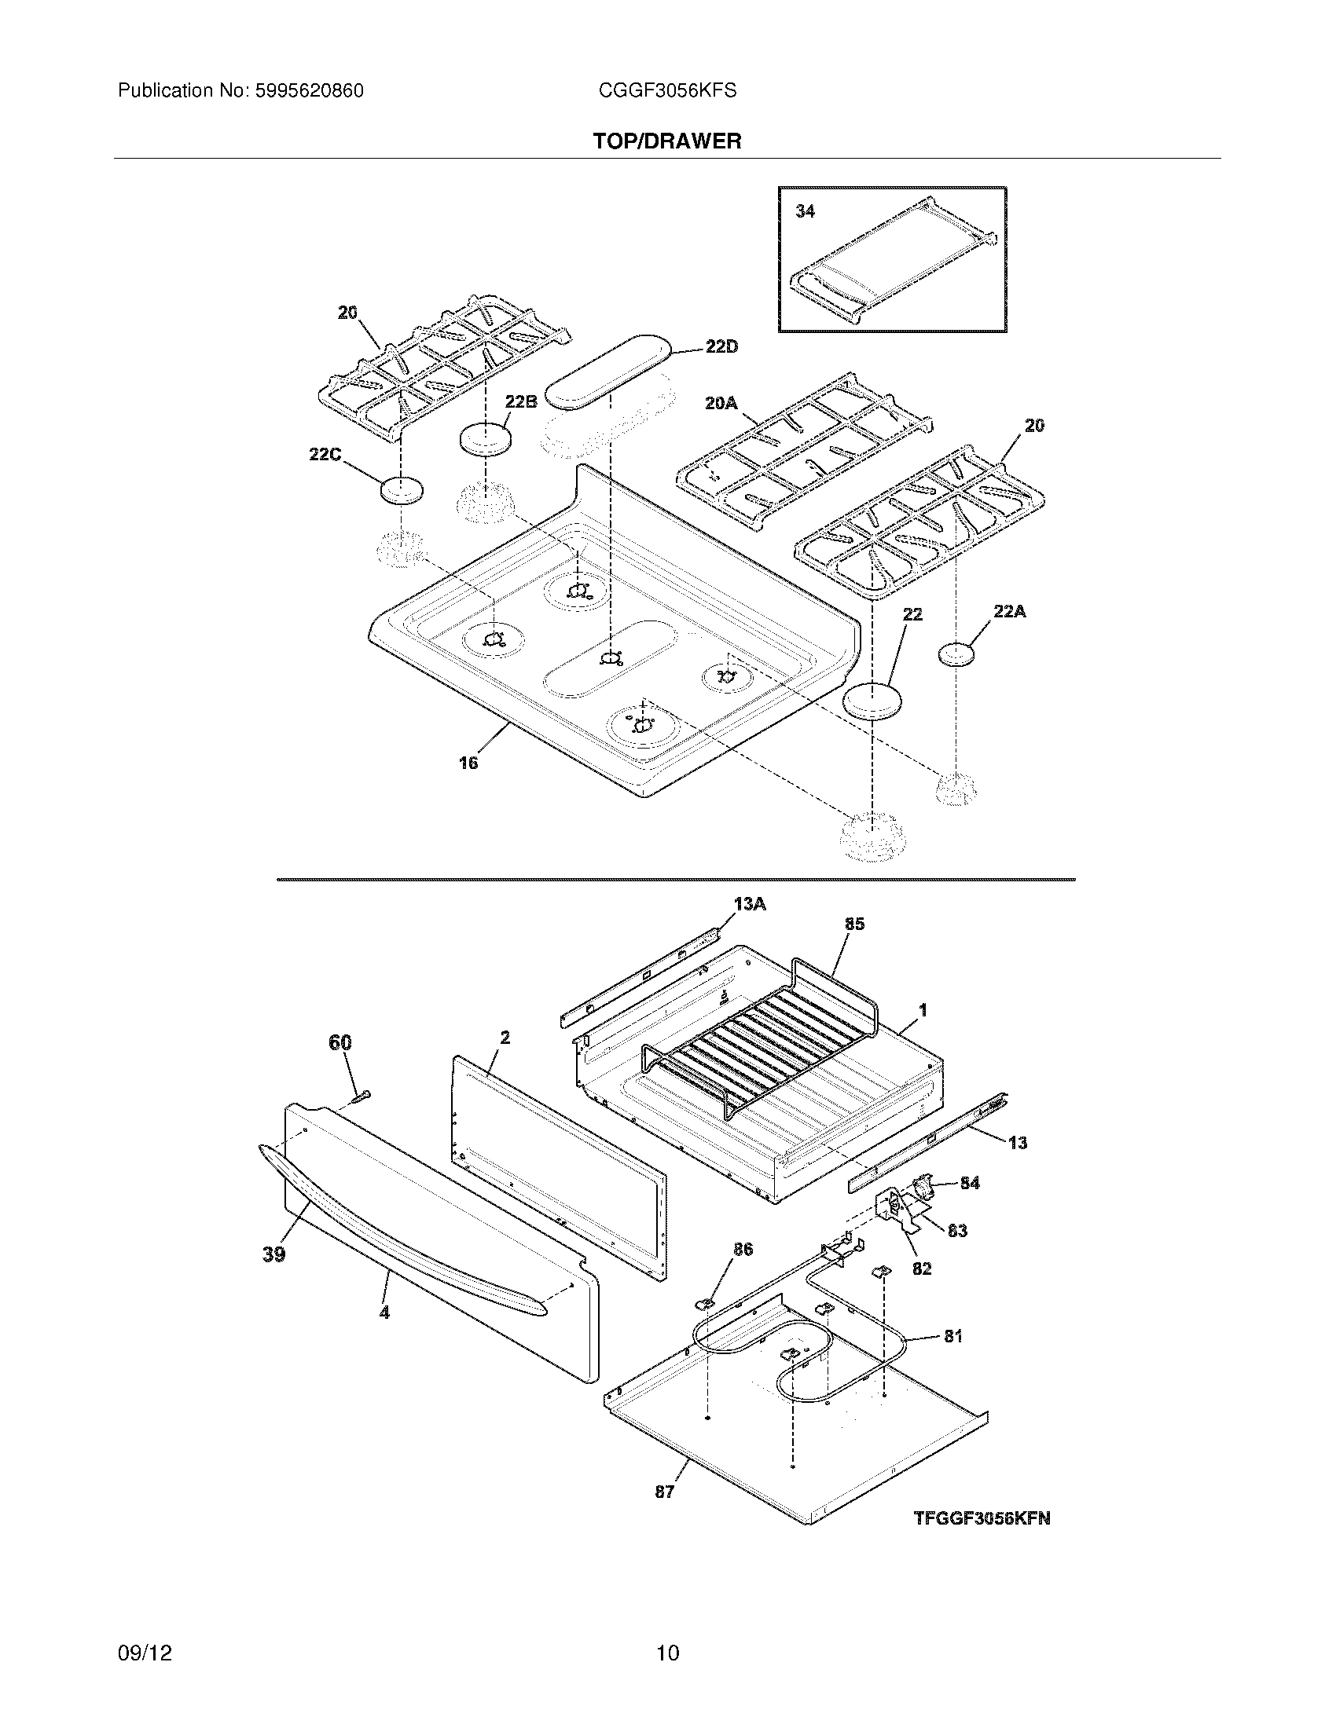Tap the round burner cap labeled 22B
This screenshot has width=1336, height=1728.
pyautogui.click(x=484, y=439)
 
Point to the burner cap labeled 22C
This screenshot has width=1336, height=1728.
pyautogui.click(x=402, y=491)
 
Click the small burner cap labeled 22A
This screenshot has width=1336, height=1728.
pyautogui.click(x=956, y=655)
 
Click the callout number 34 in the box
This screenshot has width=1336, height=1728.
pyautogui.click(x=805, y=211)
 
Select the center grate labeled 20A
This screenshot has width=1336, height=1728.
pyautogui.click(x=803, y=447)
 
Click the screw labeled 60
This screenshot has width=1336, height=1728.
pyautogui.click(x=362, y=1096)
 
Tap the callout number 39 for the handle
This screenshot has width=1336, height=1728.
pyautogui.click(x=273, y=1254)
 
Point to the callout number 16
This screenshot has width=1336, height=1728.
pyautogui.click(x=468, y=763)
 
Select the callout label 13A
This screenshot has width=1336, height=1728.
pyautogui.click(x=750, y=903)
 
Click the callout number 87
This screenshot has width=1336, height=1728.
pyautogui.click(x=664, y=1492)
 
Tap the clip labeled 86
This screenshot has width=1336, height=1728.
pyautogui.click(x=703, y=1301)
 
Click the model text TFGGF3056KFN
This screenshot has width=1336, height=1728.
pyautogui.click(x=982, y=1518)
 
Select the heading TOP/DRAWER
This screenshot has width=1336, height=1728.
pyautogui.click(x=667, y=141)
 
